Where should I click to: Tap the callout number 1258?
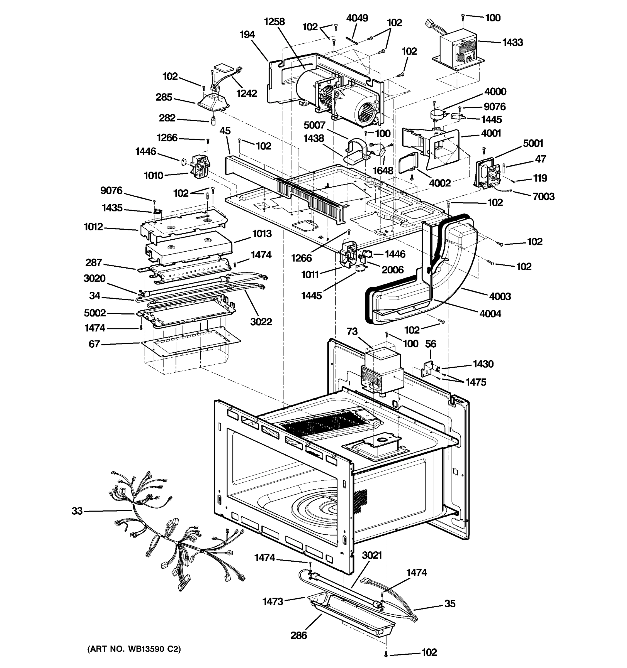274,22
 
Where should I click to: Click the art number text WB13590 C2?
134,649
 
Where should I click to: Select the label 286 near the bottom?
299,635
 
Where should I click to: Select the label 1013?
262,234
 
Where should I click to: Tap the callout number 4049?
357,18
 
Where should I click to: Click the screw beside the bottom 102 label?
386,654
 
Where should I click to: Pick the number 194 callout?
247,35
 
